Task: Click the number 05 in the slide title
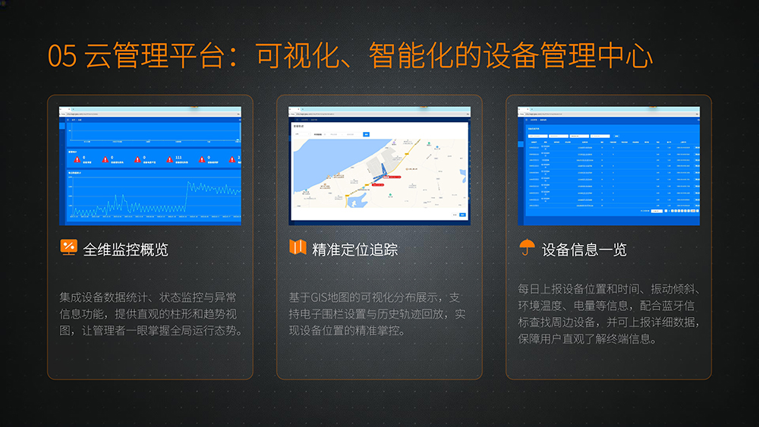click(x=61, y=56)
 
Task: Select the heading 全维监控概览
click(x=125, y=249)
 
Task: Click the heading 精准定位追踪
click(x=354, y=249)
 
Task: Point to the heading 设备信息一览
click(x=584, y=249)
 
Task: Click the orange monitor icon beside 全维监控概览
click(x=68, y=247)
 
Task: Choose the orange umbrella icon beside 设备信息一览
click(x=527, y=248)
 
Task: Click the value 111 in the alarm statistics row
click(x=178, y=158)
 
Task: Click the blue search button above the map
click(x=365, y=134)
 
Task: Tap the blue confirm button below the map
click(x=462, y=215)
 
